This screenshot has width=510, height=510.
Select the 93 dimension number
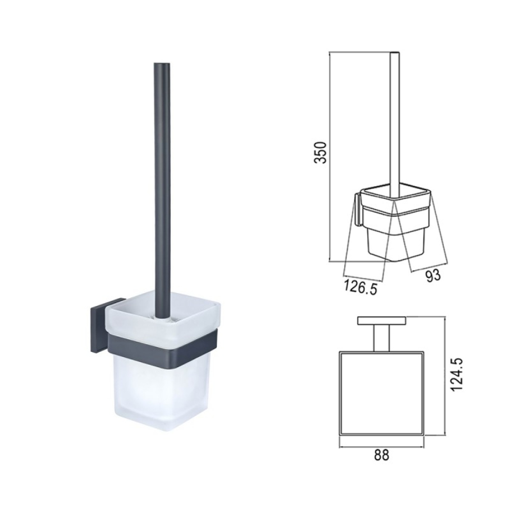coord(433,275)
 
